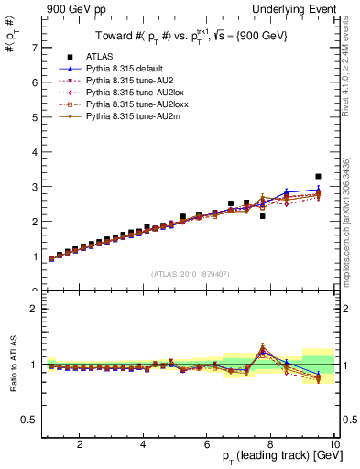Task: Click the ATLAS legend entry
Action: coord(100,58)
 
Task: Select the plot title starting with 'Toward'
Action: coord(192,38)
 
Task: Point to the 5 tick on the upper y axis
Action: coord(35,116)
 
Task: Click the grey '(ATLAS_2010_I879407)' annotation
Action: coord(191,273)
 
